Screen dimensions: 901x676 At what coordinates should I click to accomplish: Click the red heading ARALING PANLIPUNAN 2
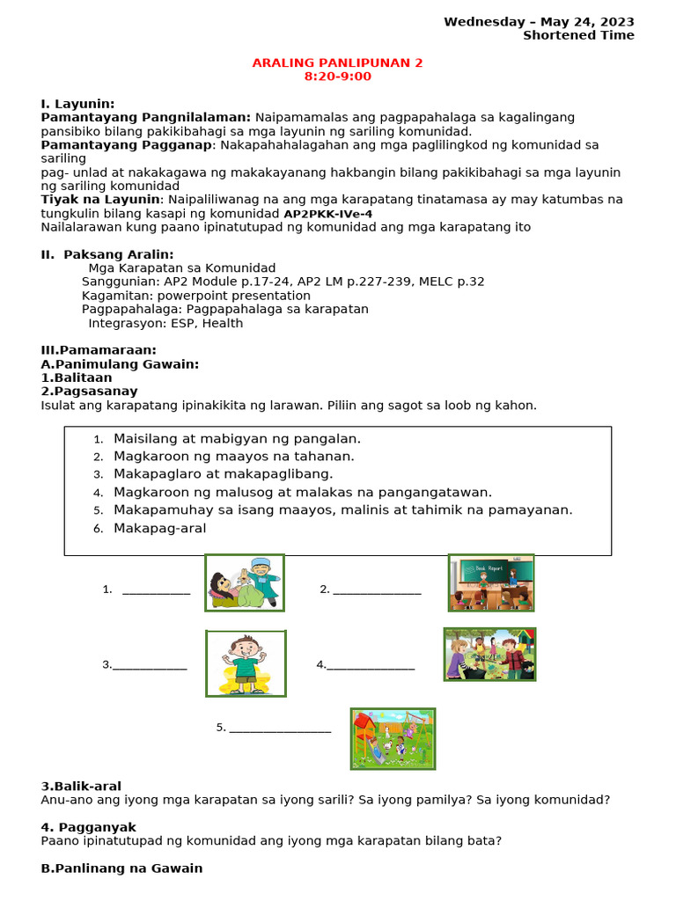coord(338,62)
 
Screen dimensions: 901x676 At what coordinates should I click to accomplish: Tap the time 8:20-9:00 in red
coord(338,77)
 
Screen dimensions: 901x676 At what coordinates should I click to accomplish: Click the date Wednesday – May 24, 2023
coord(539,22)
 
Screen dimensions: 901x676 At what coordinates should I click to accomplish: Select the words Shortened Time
coord(578,36)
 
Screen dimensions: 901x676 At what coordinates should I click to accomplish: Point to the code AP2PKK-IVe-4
coord(327,214)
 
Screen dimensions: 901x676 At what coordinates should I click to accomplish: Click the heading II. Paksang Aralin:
coord(107,254)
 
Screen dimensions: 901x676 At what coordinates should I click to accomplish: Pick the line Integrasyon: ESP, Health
coord(165,323)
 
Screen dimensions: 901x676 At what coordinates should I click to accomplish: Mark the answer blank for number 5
coord(280,729)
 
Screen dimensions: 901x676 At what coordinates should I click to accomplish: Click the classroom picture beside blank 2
coord(491,582)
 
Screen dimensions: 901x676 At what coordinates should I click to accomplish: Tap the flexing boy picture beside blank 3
coord(246,663)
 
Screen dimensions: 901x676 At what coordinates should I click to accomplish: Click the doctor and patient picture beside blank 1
coord(245,582)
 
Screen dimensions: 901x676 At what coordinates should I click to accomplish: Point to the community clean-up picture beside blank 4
coord(489,654)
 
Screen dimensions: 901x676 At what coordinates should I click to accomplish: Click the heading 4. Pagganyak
coord(89,827)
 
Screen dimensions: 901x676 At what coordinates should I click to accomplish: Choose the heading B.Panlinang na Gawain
coord(121,868)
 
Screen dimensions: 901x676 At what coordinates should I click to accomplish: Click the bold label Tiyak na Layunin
coord(101,200)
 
